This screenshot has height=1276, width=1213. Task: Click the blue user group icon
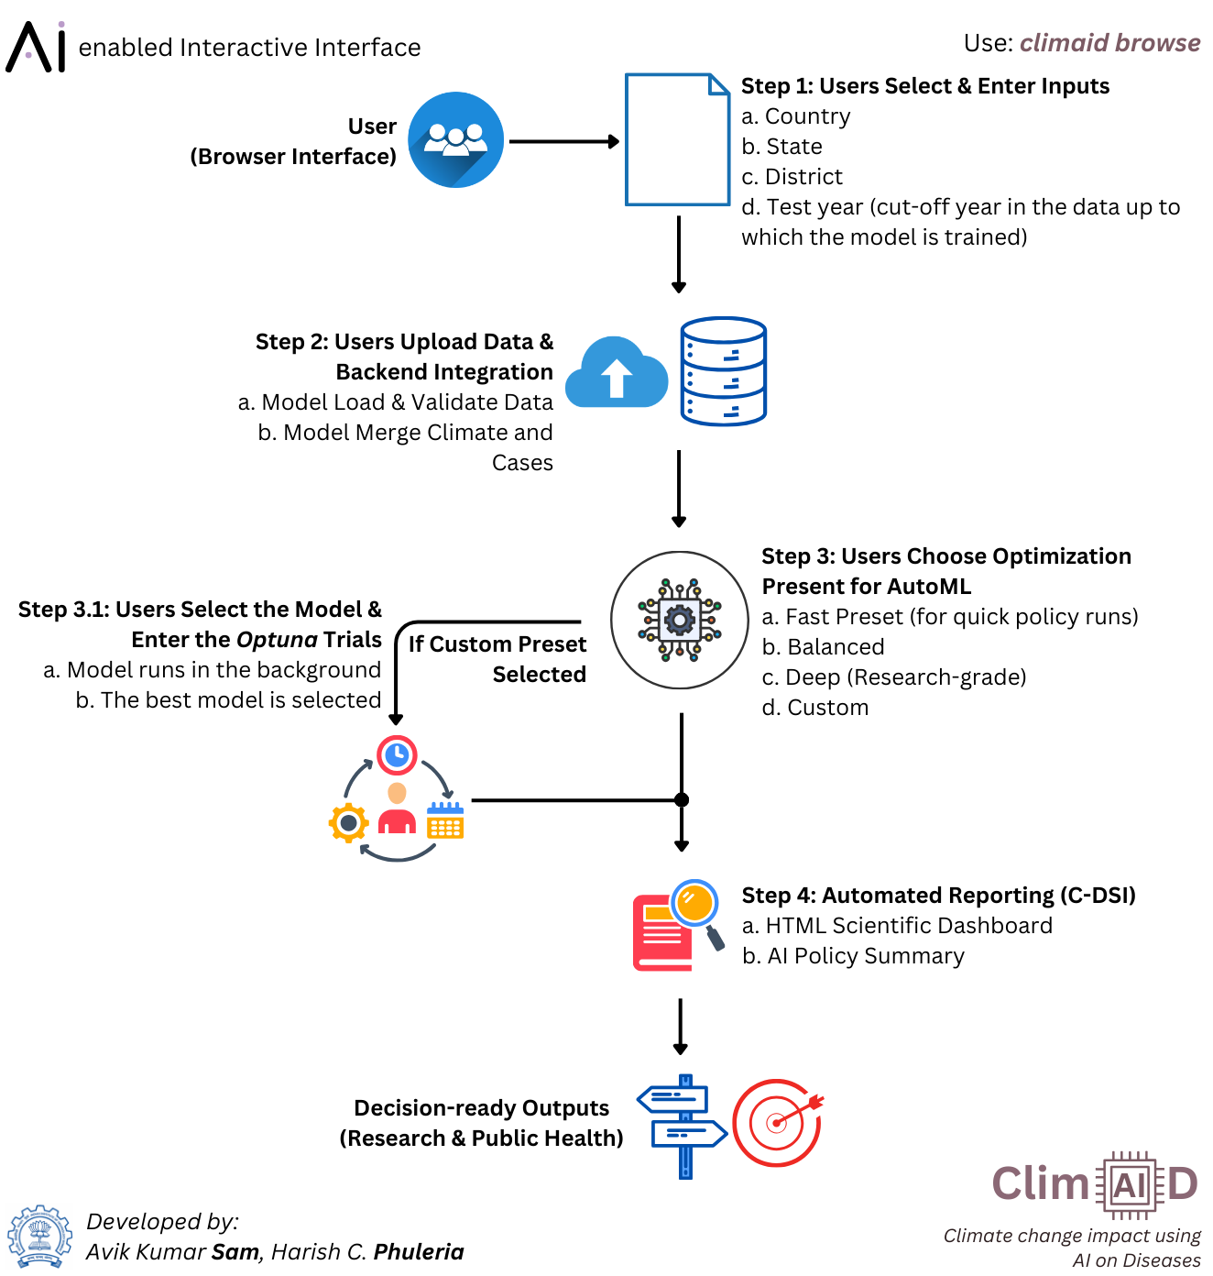[x=455, y=140]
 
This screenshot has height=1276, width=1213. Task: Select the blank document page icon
[x=677, y=139]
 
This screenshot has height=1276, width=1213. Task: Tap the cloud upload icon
[x=617, y=373]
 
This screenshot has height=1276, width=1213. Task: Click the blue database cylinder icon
[x=723, y=371]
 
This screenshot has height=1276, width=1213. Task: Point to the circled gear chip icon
[x=680, y=620]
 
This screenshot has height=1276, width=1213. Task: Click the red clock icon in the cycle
[x=397, y=755]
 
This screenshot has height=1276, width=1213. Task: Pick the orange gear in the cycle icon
[x=348, y=823]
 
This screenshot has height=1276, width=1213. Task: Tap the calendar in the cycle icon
[x=445, y=820]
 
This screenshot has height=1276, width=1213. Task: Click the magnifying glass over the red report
[x=695, y=904]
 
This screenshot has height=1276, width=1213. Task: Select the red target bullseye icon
[x=777, y=1123]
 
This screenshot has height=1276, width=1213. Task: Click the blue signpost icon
[x=683, y=1126]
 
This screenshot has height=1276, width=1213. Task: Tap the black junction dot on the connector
[x=682, y=800]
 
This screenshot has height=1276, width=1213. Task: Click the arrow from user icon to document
[x=563, y=141]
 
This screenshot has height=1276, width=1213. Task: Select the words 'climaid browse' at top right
[x=1109, y=43]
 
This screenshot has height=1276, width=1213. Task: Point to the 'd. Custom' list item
[x=815, y=708]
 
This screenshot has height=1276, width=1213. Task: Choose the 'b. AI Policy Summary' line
[x=853, y=956]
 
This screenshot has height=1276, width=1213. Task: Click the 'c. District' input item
[x=792, y=177]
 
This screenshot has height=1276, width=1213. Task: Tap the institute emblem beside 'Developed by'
[x=39, y=1237]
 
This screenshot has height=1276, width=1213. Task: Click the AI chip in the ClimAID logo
[x=1130, y=1185]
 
